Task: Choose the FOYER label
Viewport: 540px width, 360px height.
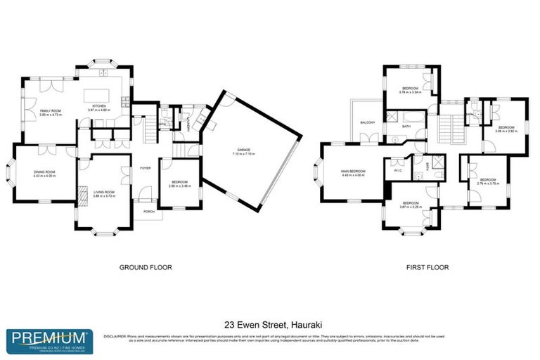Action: (x=146, y=169)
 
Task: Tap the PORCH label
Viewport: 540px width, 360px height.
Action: (x=148, y=211)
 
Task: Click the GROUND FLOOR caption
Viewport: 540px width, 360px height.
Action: (x=145, y=267)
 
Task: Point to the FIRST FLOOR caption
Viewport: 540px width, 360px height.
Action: (x=427, y=267)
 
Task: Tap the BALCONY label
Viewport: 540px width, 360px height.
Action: (x=367, y=122)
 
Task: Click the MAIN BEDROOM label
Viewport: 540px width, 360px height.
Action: (x=353, y=173)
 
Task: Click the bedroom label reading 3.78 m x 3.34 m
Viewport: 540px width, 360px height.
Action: (x=410, y=90)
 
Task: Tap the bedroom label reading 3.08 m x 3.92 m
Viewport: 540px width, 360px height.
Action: (x=506, y=129)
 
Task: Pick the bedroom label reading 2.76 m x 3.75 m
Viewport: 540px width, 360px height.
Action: (x=489, y=181)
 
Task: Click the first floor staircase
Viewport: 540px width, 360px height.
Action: (x=447, y=129)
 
